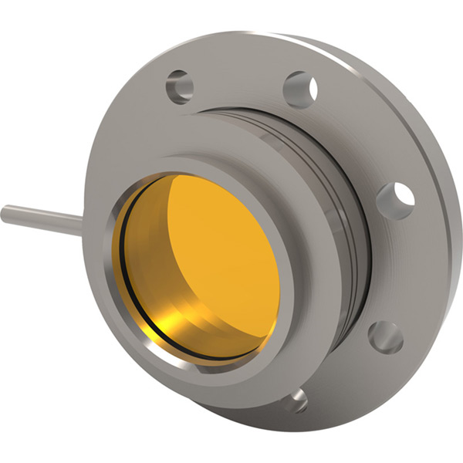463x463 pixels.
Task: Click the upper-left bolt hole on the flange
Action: pos(179,87)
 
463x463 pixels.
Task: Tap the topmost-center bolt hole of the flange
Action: pos(300,89)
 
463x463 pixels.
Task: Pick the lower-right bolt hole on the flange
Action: pos(385,337)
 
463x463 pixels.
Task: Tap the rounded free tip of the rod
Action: pos(5,213)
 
